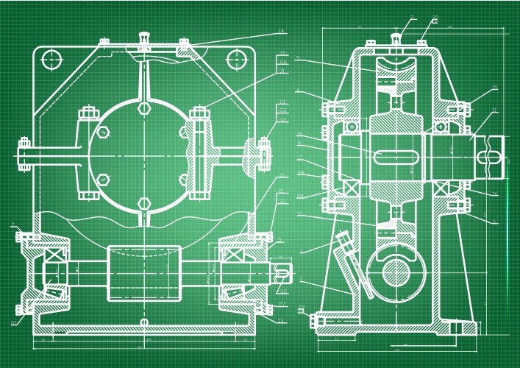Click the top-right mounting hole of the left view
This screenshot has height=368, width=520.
click(x=235, y=59)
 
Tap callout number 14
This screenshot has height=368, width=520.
click(x=281, y=32)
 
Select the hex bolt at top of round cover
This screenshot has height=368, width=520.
click(x=144, y=108)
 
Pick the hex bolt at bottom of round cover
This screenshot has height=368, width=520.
click(x=144, y=202)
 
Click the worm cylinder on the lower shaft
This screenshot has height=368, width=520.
click(x=144, y=273)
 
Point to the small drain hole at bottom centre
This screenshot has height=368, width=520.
click(x=144, y=322)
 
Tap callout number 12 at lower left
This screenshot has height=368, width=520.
click(x=14, y=322)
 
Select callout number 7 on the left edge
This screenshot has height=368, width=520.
click(x=14, y=227)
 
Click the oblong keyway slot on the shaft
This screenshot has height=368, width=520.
click(x=398, y=157)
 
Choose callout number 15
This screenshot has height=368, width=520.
click(x=495, y=88)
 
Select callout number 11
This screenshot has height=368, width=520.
click(x=495, y=111)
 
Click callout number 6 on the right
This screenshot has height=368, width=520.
click(x=495, y=222)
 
